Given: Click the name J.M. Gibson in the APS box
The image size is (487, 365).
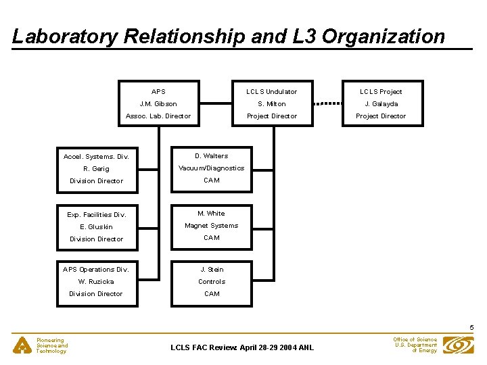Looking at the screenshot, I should point(158,104).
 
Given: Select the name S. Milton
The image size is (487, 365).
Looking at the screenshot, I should point(272,104).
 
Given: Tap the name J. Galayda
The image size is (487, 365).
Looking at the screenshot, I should point(381,104).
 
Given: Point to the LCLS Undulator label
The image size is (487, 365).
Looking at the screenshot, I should point(272,92).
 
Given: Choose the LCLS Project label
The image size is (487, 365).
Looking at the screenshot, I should point(381,92).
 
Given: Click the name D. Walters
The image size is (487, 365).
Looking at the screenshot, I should point(212,156).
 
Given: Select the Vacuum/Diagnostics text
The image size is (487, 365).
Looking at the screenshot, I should point(212,168).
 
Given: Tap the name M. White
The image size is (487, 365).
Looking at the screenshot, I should point(212,214).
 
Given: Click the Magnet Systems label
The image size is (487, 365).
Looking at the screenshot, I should point(212,226).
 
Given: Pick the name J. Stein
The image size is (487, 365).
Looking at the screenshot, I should point(212,270).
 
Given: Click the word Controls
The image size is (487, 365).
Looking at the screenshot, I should point(212,282).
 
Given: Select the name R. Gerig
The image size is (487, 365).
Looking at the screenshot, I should point(96,169).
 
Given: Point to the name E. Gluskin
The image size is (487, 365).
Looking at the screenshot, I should point(96,227).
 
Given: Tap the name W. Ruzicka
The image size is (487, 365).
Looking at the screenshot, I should point(96,282).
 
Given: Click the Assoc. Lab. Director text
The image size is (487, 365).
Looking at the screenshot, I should point(158,116).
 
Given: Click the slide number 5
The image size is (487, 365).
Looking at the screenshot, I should point(471,328).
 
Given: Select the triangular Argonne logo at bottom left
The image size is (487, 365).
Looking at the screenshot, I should point(24,345).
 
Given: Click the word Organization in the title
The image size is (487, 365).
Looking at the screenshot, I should point(384,36).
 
